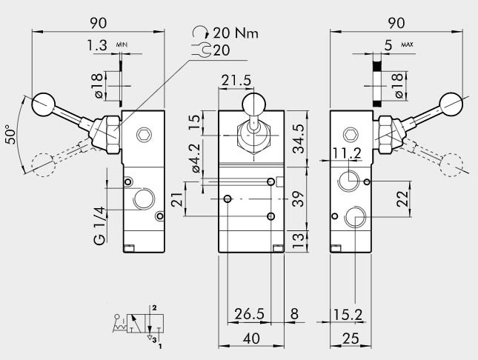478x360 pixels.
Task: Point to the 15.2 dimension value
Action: [347, 315]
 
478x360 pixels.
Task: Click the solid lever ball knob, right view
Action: [451, 101]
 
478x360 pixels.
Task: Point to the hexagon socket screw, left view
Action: [144, 135]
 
